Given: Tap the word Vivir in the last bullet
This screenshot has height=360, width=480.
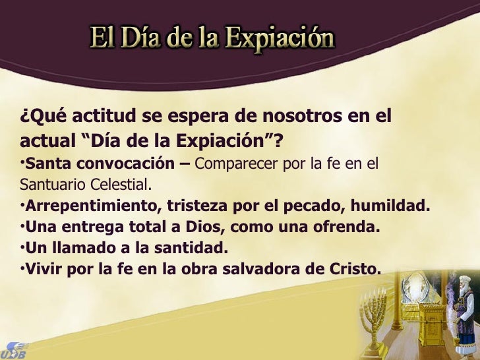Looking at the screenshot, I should point(44,270).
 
